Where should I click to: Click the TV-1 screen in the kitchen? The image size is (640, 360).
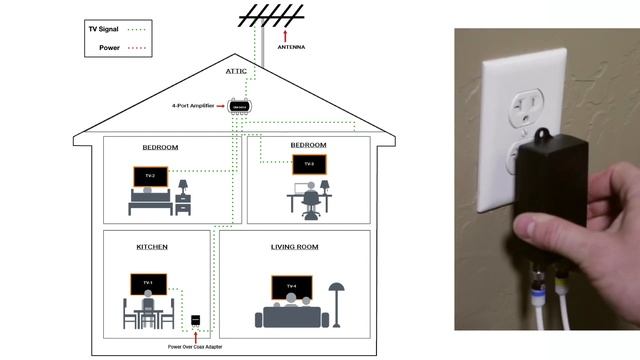pyautogui.click(x=148, y=284)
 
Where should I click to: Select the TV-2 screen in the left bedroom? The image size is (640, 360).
pyautogui.click(x=149, y=176)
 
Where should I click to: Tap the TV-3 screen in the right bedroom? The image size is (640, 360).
pyautogui.click(x=309, y=164)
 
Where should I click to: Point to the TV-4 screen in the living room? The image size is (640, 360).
pyautogui.click(x=292, y=287)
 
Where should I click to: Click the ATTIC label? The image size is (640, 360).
pyautogui.click(x=236, y=72)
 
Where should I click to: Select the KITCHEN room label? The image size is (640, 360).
pyautogui.click(x=152, y=246)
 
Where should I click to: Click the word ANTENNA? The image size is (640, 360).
pyautogui.click(x=291, y=46)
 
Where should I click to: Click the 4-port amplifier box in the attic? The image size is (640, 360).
pyautogui.click(x=238, y=105)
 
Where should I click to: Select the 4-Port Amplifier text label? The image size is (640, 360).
pyautogui.click(x=193, y=104)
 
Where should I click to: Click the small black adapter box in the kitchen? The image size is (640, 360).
pyautogui.click(x=197, y=321)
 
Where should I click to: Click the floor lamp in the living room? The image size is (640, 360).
pyautogui.click(x=337, y=300)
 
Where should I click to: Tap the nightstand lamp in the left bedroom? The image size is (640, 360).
pyautogui.click(x=183, y=187)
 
